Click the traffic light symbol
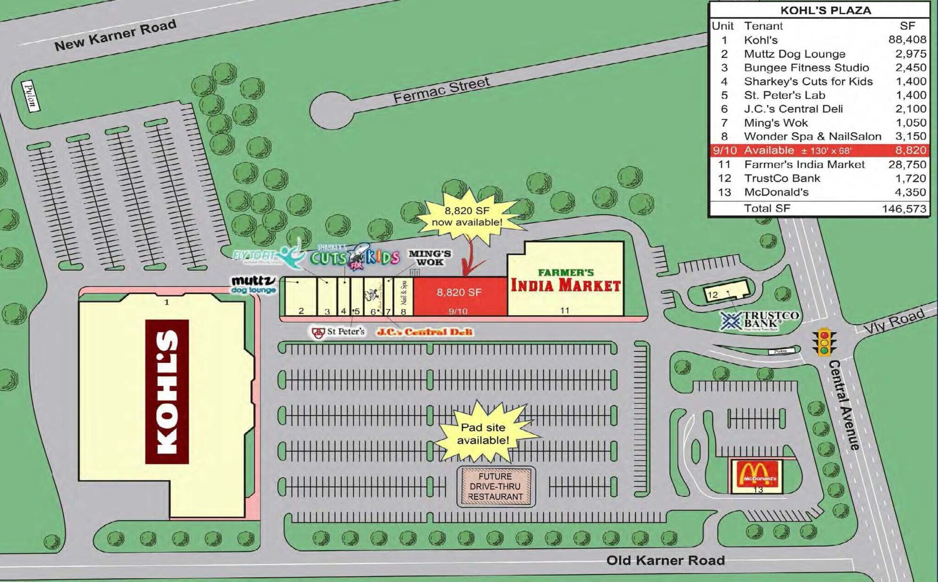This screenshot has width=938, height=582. (x=824, y=342)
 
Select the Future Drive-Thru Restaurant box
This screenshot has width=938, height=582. (x=496, y=486)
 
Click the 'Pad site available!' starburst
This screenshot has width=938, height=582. (x=483, y=433)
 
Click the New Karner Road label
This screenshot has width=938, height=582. (x=115, y=35)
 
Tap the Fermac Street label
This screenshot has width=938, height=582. (x=441, y=90)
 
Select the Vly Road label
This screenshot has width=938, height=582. (x=894, y=321)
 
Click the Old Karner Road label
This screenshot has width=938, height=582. (x=665, y=560)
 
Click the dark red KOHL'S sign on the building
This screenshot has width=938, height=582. (x=167, y=391)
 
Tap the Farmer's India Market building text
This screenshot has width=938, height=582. (x=566, y=280)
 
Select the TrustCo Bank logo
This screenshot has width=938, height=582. (x=759, y=320)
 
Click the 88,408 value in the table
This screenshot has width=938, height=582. (x=907, y=40)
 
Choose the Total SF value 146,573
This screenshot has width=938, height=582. (x=904, y=209)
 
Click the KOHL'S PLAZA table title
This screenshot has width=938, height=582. (x=825, y=11)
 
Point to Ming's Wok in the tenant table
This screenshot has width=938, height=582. (x=776, y=123)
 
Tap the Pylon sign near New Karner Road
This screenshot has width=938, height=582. (x=30, y=96)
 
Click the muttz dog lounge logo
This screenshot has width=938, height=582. (x=253, y=284)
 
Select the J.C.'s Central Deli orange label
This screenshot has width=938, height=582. (x=424, y=332)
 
